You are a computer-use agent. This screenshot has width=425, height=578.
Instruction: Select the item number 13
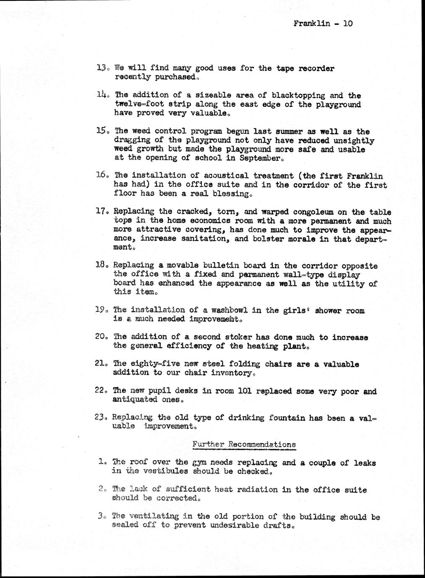(x=102, y=68)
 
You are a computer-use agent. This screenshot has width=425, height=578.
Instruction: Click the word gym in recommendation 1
(x=200, y=463)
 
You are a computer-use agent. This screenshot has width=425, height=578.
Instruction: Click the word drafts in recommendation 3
(x=278, y=526)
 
